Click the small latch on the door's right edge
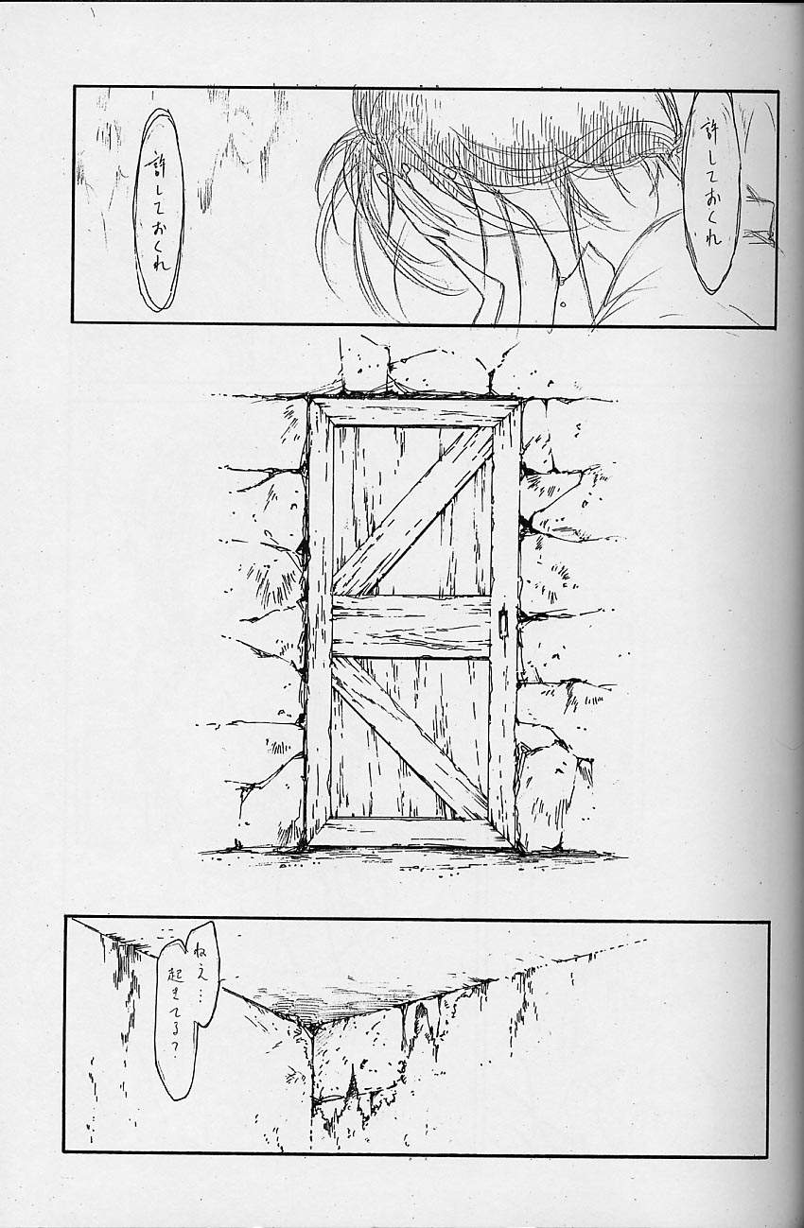click(x=501, y=622)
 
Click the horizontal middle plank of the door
click(x=411, y=626)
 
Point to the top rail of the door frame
click(x=413, y=412)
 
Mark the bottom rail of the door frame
click(x=412, y=833)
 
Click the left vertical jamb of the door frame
click(x=319, y=624)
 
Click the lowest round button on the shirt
click(x=562, y=303)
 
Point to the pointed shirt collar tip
click(x=588, y=245)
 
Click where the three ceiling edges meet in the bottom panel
click(x=310, y=1029)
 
